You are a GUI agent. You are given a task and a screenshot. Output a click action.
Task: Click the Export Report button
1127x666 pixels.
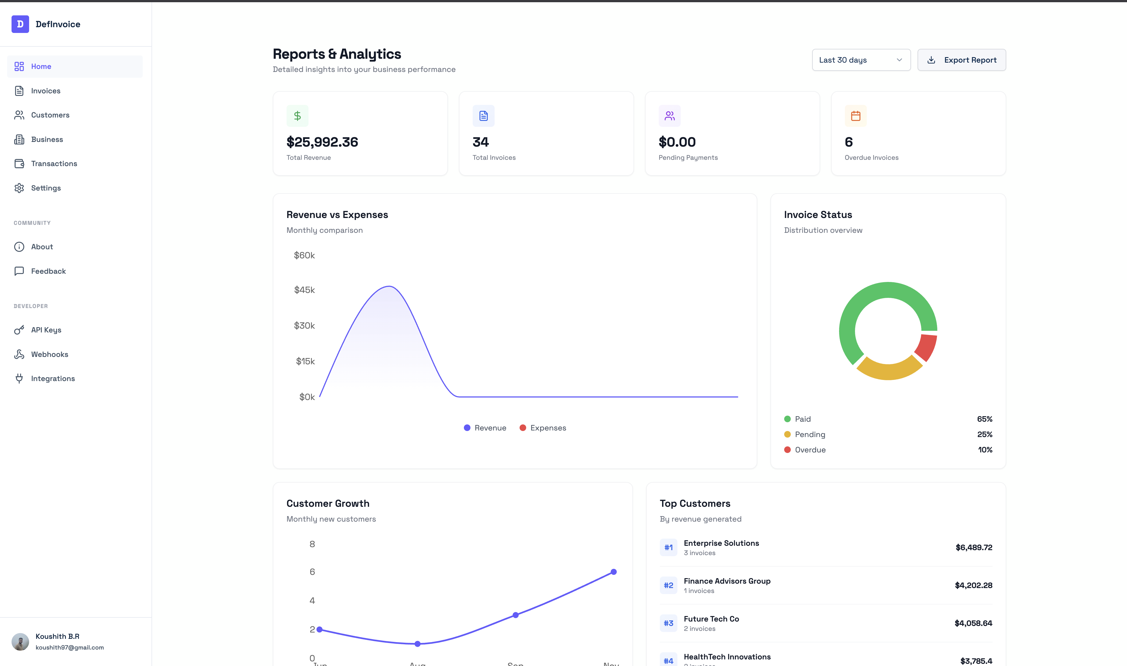[x=961, y=60]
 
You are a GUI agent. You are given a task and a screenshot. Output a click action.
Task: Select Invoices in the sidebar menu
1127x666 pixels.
[x=45, y=91]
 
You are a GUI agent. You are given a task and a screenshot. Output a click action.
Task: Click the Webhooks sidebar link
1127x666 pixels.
[x=49, y=354]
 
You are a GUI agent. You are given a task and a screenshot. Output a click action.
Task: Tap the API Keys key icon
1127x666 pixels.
[x=19, y=330]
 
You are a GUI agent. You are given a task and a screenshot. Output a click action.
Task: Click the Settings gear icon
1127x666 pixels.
[x=19, y=188]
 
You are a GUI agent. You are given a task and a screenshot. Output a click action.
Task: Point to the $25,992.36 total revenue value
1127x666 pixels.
[x=322, y=142]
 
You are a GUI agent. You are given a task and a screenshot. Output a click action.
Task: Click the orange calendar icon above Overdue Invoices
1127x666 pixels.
[x=855, y=116]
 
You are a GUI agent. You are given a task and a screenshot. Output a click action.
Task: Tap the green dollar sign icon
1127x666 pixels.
[x=297, y=116]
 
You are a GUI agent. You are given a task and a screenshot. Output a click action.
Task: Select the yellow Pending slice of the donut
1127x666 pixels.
[x=888, y=369]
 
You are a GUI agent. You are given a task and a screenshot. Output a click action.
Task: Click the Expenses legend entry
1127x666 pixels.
[x=543, y=428]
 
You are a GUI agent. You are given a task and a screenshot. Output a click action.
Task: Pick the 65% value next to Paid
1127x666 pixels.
[x=984, y=419]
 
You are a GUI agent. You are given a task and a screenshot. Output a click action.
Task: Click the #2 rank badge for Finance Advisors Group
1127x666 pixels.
[x=668, y=585]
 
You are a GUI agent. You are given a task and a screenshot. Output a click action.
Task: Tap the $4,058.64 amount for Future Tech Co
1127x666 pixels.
[x=973, y=623]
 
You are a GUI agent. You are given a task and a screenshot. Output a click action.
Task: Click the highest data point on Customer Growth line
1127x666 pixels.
[x=613, y=572]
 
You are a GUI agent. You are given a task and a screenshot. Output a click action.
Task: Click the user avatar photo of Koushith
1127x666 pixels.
[x=20, y=642]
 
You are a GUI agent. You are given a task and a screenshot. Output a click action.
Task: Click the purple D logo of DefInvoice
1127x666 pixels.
[x=20, y=24]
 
